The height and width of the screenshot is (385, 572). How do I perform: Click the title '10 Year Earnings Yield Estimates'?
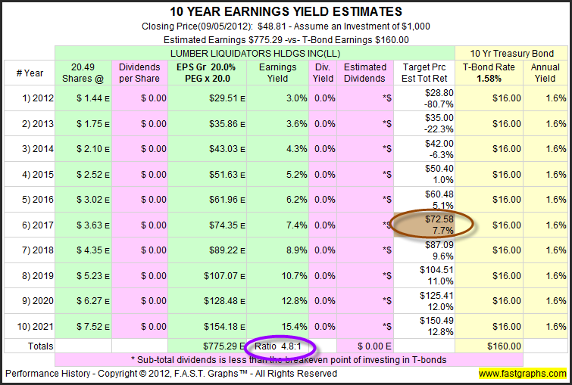click(x=285, y=11)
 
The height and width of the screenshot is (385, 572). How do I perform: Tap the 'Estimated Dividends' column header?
click(x=364, y=73)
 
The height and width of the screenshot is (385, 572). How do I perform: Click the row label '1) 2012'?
click(x=31, y=98)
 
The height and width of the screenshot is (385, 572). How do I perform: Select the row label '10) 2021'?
click(x=31, y=325)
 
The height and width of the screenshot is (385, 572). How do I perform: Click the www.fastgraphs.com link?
click(x=523, y=374)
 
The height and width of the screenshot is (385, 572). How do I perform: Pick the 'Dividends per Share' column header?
click(x=139, y=73)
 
